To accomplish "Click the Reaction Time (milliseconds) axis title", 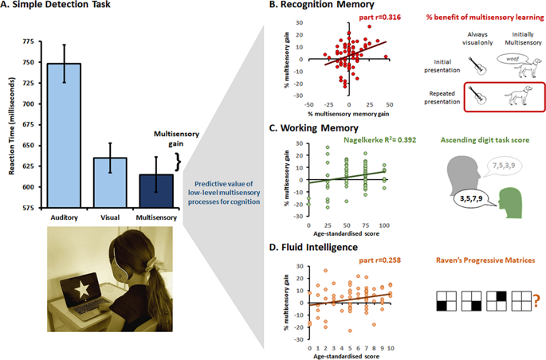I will pos(10,119).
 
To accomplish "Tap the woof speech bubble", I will pos(508,59).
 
